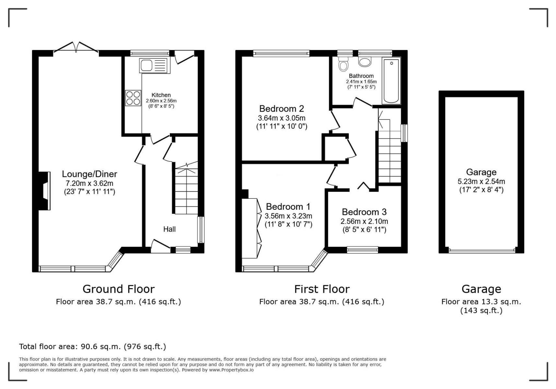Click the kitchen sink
(x=155, y=65)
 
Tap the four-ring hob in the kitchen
(x=133, y=98)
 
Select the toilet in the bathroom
(x=343, y=64)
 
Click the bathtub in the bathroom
(x=391, y=81)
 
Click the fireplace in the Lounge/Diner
(x=44, y=191)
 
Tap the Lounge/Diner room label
(x=89, y=174)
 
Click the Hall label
(x=169, y=229)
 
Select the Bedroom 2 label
(x=281, y=109)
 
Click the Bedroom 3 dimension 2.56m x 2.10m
(x=364, y=221)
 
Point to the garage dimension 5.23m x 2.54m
(x=481, y=182)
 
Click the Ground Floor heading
(x=119, y=289)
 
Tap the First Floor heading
(x=322, y=289)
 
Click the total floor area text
(x=92, y=347)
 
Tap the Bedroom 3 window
(x=362, y=250)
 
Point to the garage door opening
(x=481, y=251)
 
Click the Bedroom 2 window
(x=281, y=53)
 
